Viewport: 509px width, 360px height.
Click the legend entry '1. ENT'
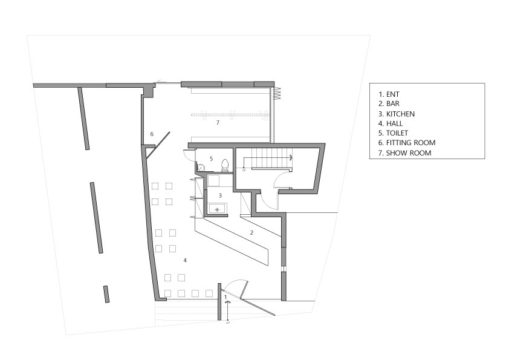[x=389, y=94]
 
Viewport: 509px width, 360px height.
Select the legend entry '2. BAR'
[x=389, y=103]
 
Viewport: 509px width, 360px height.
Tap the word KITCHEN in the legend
[x=400, y=114]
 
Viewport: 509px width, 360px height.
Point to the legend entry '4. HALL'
[x=391, y=123]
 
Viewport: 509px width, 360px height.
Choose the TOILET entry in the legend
[x=397, y=133]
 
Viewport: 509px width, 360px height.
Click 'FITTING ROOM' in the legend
[x=410, y=143]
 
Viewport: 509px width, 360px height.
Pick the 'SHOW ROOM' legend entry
[x=409, y=152]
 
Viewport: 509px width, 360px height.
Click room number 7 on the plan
[x=218, y=122]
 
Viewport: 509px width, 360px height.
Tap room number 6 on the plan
[x=152, y=134]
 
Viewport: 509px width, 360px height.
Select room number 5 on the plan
[x=212, y=159]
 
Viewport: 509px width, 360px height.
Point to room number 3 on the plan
[x=220, y=195]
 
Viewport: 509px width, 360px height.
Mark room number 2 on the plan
[x=251, y=232]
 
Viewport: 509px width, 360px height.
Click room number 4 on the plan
[x=185, y=260]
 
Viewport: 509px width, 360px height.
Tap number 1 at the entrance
[x=225, y=297]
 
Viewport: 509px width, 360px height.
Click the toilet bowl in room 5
[x=225, y=165]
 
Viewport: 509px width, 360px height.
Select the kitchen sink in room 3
[x=218, y=208]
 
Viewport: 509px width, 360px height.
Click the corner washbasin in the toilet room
[x=201, y=168]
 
